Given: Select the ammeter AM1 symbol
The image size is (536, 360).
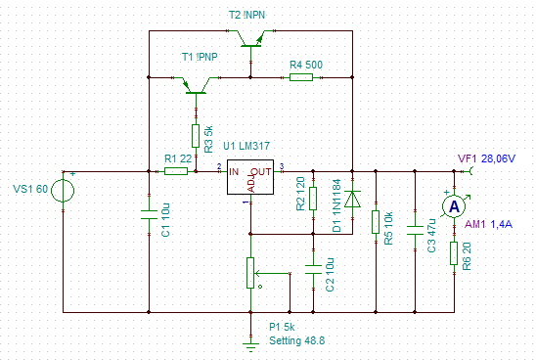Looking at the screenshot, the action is click(x=454, y=206).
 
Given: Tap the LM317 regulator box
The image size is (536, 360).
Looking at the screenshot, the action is click(x=250, y=177).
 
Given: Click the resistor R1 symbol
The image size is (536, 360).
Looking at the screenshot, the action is click(x=176, y=171).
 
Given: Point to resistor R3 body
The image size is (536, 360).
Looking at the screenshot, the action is click(x=196, y=136).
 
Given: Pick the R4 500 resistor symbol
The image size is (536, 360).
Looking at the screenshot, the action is click(x=301, y=77).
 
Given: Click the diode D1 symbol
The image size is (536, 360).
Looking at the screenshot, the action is click(x=352, y=199).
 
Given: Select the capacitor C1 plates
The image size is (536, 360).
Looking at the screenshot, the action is click(x=149, y=214).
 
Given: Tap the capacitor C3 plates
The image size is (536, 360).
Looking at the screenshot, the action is click(x=415, y=230).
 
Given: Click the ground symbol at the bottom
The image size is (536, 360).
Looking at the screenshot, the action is click(x=250, y=347).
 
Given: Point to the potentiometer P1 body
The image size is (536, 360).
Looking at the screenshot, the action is click(x=250, y=273).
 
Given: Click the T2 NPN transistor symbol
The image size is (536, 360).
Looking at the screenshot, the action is click(x=251, y=38).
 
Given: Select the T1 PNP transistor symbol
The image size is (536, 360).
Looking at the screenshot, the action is click(x=196, y=85).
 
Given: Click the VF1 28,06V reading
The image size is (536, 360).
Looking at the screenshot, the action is click(x=486, y=158).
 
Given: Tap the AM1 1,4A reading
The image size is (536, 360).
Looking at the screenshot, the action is click(x=488, y=224).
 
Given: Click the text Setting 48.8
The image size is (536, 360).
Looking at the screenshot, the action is click(x=296, y=340).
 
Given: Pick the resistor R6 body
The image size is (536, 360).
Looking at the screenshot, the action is click(x=454, y=253).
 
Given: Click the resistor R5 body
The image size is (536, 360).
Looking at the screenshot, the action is click(x=376, y=222).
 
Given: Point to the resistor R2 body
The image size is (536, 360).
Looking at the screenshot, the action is click(x=313, y=199).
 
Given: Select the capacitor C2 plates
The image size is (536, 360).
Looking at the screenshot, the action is click(x=313, y=269).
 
